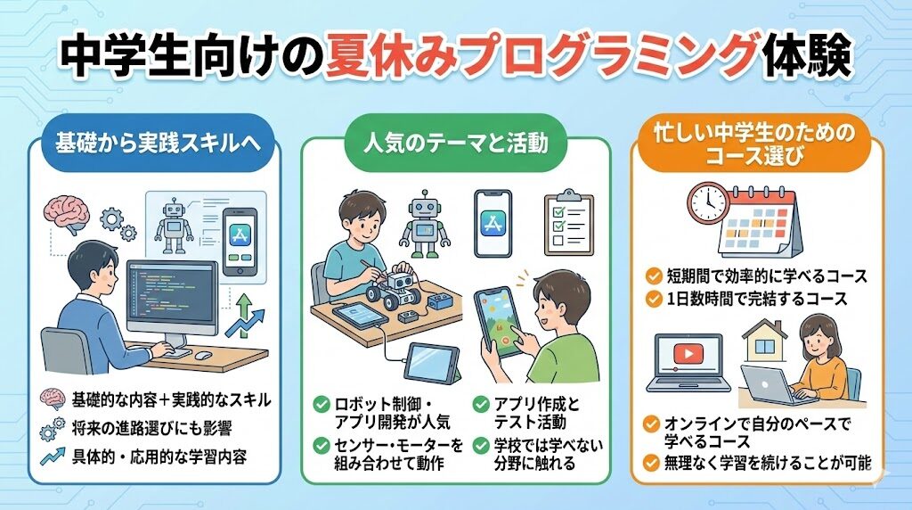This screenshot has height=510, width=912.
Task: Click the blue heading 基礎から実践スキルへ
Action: tap(158, 143)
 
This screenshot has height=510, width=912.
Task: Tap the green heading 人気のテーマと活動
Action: tap(455, 143)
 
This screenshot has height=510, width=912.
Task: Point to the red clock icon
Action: tap(709, 204)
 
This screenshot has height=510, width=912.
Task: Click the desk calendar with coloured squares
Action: tap(759, 222)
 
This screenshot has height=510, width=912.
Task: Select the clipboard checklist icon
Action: tap(568, 223)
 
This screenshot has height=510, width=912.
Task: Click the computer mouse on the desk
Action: tap(202, 355)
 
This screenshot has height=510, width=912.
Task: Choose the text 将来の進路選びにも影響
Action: tap(151, 429)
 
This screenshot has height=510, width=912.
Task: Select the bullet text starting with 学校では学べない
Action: tap(548, 454)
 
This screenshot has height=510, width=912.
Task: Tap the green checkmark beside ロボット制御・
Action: tap(321, 404)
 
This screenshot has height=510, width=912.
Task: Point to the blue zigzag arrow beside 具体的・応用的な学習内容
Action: tap(53, 456)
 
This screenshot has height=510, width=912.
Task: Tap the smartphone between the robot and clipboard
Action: tap(493, 223)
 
